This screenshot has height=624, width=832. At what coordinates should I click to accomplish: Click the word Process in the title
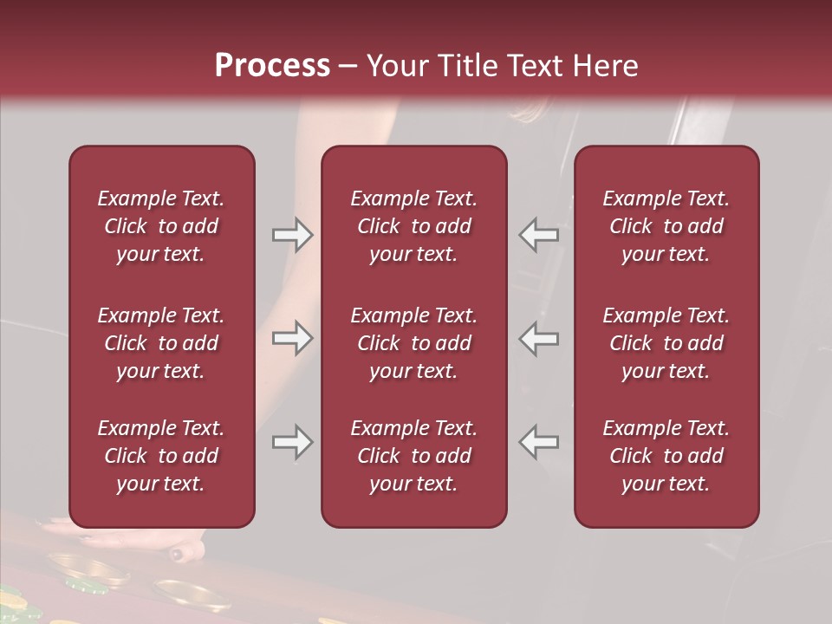click(272, 66)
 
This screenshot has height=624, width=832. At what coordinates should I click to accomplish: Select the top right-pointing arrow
click(292, 235)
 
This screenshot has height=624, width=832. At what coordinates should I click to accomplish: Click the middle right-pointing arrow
click(292, 338)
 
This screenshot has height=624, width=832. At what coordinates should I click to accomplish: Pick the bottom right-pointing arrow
click(292, 442)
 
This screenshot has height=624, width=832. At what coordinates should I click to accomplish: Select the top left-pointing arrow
click(539, 235)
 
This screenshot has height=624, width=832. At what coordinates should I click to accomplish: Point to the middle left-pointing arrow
click(539, 338)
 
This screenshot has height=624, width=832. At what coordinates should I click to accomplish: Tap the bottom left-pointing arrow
click(539, 442)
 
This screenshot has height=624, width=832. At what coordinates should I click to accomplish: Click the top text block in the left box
click(161, 226)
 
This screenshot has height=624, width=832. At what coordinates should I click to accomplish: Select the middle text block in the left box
click(161, 343)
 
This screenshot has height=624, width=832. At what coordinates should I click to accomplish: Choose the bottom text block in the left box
click(161, 456)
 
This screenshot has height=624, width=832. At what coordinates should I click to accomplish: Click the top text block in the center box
click(414, 226)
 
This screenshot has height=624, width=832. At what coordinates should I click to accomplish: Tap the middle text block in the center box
click(414, 343)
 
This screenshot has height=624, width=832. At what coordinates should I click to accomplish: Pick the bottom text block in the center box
click(414, 456)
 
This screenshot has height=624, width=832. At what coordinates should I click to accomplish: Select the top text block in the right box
click(666, 226)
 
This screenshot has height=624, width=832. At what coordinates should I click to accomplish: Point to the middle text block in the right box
click(666, 343)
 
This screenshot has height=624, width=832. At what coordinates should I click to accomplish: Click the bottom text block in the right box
click(666, 456)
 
